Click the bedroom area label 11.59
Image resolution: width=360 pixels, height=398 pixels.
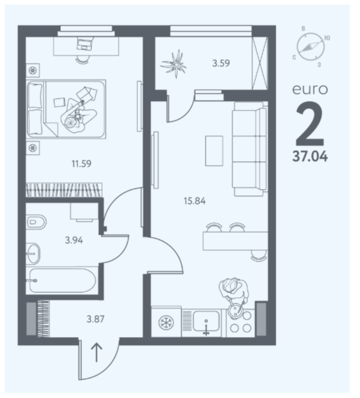click(x=81, y=164)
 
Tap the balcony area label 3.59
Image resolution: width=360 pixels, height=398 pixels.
click(x=221, y=63)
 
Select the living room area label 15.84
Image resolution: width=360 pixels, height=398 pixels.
click(x=195, y=201)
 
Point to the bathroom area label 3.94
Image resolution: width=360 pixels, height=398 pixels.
click(x=74, y=240)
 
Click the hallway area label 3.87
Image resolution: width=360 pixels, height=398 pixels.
click(x=96, y=319)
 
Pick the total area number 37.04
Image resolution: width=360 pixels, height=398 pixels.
click(x=310, y=156)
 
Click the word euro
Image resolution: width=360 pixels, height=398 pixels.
click(x=310, y=89)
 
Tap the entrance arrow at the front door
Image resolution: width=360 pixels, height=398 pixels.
click(x=97, y=353)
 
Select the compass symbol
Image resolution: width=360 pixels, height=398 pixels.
click(x=310, y=47)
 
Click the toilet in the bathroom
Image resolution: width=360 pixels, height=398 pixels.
click(x=36, y=222)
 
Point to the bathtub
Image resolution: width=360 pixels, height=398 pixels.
click(x=63, y=281)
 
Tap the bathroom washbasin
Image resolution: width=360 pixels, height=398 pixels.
click(x=34, y=253)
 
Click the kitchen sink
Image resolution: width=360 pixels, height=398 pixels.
click(x=206, y=322)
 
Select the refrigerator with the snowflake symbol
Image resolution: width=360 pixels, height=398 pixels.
click(x=166, y=322)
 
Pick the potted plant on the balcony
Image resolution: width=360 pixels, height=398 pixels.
click(x=174, y=64)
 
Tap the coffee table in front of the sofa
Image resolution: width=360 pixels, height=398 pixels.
click(x=214, y=151)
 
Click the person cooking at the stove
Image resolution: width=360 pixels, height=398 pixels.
click(x=234, y=294)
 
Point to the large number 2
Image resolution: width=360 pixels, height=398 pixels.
click(x=310, y=124)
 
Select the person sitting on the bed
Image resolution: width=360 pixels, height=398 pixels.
click(x=79, y=115)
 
